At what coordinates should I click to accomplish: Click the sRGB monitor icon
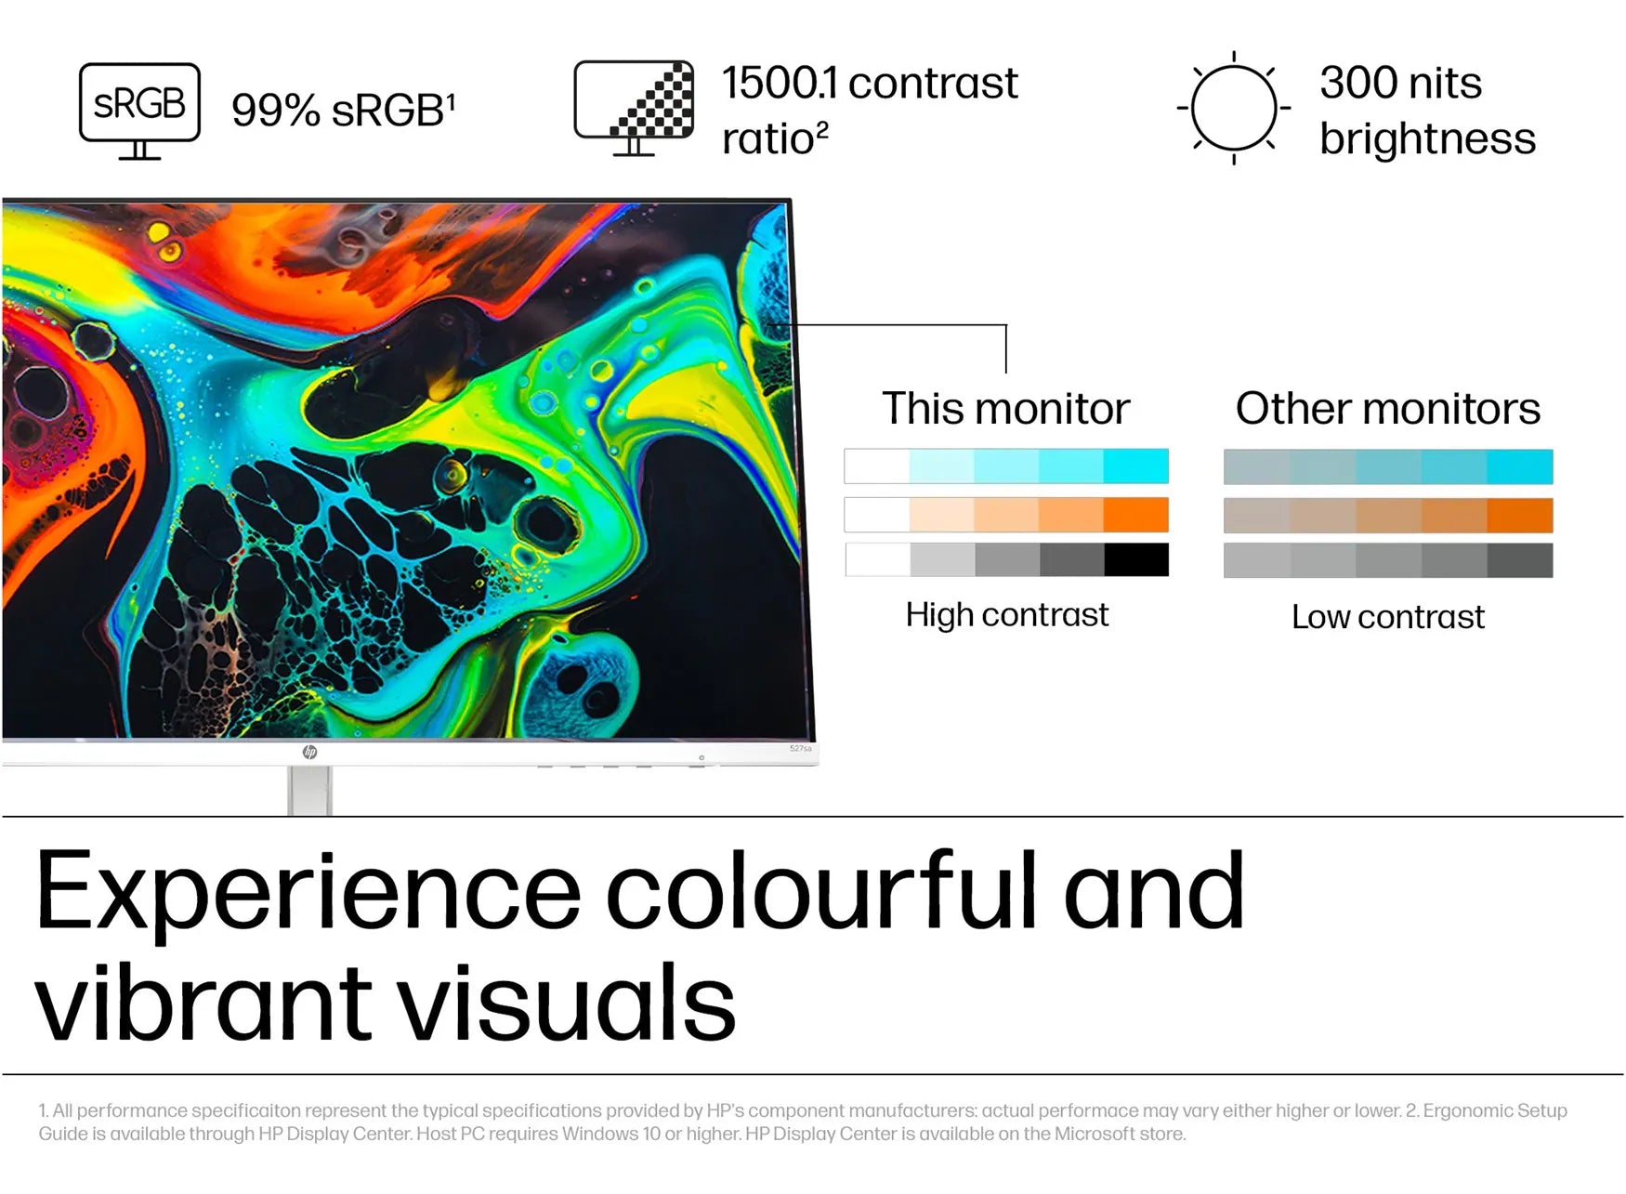139,111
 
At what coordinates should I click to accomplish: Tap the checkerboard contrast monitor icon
634,108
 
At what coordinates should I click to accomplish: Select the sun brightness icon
1234,108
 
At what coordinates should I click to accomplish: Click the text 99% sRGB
343,111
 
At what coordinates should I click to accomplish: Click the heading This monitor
1005,409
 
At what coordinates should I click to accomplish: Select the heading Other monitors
1388,409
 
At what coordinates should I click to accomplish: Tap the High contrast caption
1007,615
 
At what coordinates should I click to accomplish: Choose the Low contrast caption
1388,617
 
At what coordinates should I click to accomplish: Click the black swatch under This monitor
1136,559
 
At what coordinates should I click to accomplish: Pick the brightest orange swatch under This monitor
1136,514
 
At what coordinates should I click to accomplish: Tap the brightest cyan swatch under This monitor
1136,466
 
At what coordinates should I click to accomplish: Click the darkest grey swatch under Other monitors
1520,560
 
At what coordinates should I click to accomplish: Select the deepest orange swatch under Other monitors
1520,515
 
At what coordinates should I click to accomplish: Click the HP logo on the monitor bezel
309,752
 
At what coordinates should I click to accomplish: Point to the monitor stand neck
309,791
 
